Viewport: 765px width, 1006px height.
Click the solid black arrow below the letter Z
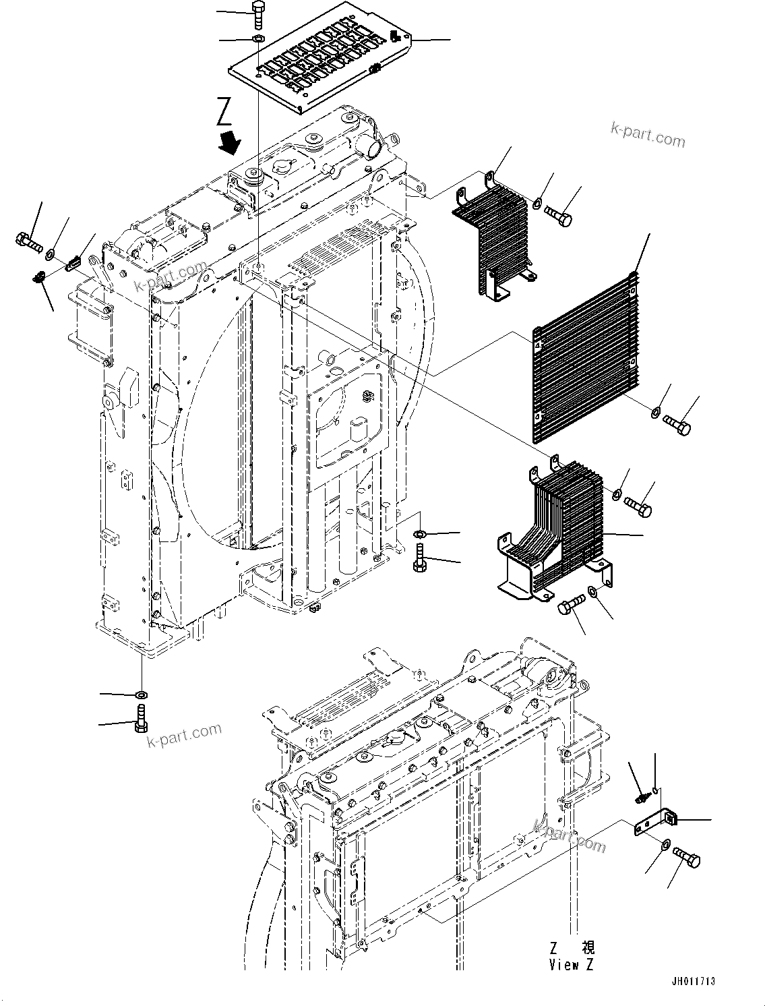pos(231,142)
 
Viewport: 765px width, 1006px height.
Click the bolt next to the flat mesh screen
pos(676,425)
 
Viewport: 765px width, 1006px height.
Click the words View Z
pos(571,965)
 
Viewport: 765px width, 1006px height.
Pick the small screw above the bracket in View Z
pos(641,796)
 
